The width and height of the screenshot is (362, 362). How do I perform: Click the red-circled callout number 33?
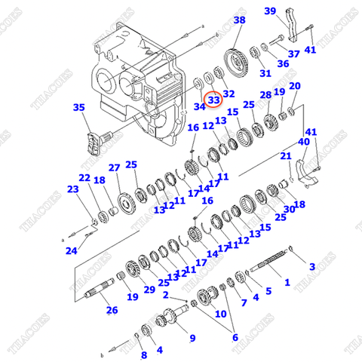[x=214, y=100]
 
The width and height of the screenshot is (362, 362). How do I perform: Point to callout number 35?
[x=78, y=108]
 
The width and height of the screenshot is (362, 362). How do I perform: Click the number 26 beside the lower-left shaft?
[x=112, y=309]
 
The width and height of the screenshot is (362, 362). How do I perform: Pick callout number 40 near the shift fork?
[x=304, y=141]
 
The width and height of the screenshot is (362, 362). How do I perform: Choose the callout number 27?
[x=114, y=167]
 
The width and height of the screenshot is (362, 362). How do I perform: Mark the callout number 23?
[x=72, y=189]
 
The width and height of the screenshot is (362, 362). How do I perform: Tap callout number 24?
[x=70, y=250]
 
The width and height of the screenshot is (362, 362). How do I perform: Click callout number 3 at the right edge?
[x=311, y=265]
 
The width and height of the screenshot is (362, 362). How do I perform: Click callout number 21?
[x=286, y=156]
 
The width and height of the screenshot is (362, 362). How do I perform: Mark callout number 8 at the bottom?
[x=143, y=354]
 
